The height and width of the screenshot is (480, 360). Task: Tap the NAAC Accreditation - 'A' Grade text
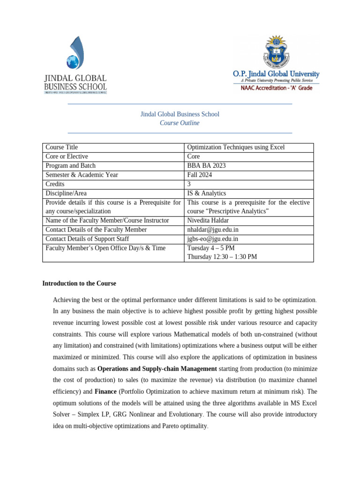click(x=277, y=88)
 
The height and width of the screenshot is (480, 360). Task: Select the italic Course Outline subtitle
click(x=180, y=123)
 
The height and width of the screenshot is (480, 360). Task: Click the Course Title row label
click(x=61, y=147)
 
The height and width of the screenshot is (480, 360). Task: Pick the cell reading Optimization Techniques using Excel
click(x=236, y=147)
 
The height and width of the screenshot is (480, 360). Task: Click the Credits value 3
click(x=189, y=184)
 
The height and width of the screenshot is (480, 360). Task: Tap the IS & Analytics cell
click(x=206, y=193)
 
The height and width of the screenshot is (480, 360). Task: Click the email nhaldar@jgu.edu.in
click(x=213, y=230)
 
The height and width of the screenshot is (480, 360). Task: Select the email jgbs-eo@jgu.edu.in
click(x=213, y=239)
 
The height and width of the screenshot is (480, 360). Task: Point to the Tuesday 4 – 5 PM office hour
click(x=211, y=248)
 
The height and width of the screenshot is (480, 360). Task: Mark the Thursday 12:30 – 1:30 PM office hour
click(x=222, y=257)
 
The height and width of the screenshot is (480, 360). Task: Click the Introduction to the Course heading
click(x=79, y=284)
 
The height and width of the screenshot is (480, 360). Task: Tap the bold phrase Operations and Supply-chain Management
click(x=157, y=369)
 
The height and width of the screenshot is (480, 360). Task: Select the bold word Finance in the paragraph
click(x=105, y=391)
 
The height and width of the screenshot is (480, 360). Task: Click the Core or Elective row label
click(x=67, y=157)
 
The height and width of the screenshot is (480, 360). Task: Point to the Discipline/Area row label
click(x=66, y=193)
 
